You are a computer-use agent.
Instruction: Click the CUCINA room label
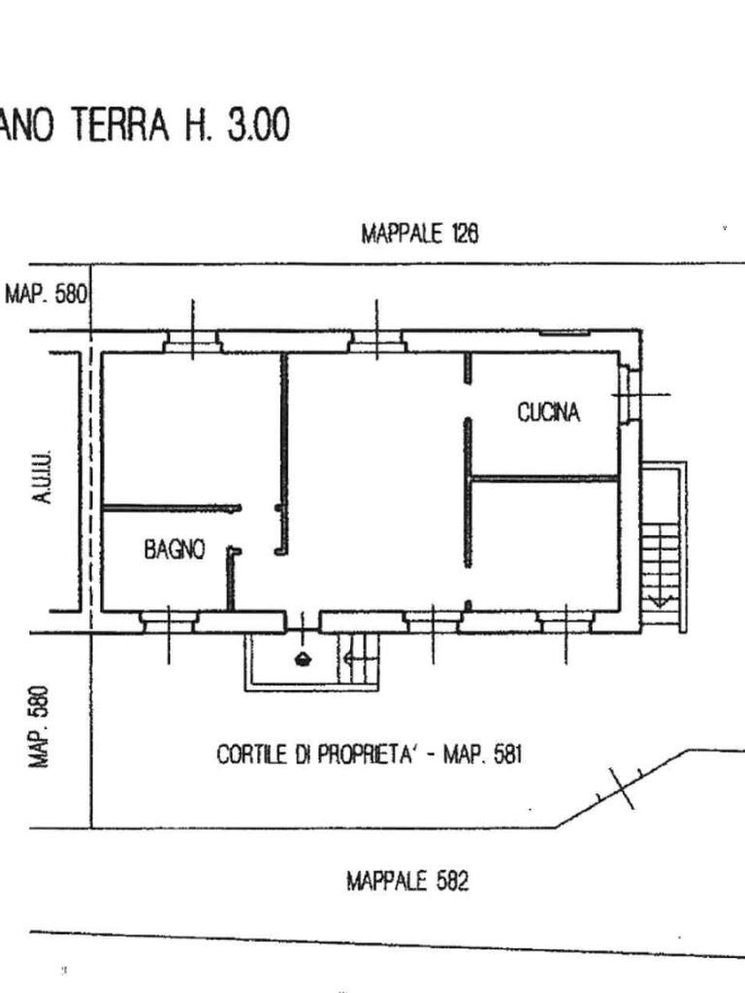[x=548, y=412]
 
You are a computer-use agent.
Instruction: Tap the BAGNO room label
[x=175, y=549]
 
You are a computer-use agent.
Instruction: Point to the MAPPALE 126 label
[x=420, y=234]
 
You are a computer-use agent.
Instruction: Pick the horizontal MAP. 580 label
[x=47, y=293]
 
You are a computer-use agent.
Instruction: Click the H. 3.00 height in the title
[x=232, y=126]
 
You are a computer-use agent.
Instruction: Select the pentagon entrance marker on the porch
[x=304, y=659]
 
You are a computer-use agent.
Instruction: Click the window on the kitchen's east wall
[x=629, y=395]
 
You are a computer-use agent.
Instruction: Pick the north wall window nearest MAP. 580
[x=192, y=341]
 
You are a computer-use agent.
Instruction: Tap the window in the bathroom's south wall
[x=169, y=621]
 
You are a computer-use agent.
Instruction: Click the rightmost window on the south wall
[x=566, y=621]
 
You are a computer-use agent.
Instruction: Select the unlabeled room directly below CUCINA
[x=543, y=543]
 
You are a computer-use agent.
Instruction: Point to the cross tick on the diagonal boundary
[x=621, y=787]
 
